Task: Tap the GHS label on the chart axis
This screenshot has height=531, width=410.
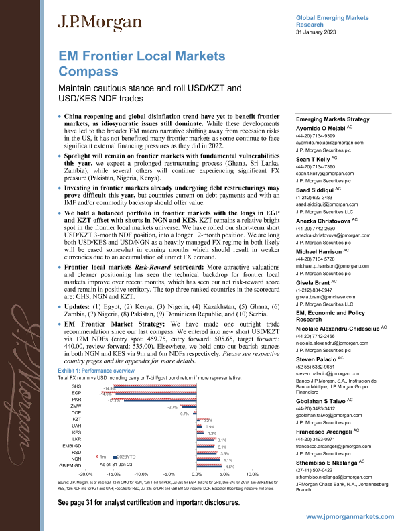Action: click(76, 387)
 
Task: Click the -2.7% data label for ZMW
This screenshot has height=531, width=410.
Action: click(172, 407)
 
